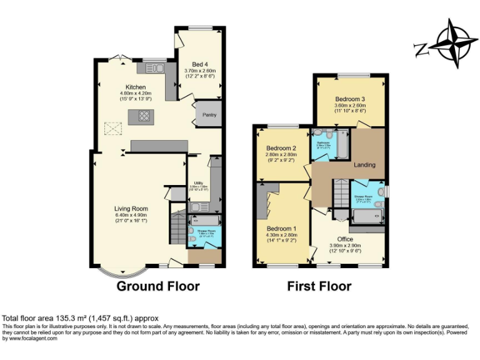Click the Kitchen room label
(x=136, y=87)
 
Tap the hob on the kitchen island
(x=144, y=115)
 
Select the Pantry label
(x=209, y=114)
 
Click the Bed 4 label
(x=199, y=64)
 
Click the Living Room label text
(x=131, y=209)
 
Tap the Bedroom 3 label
(x=349, y=99)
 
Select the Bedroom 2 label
(x=280, y=148)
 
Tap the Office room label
(x=345, y=239)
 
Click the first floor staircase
(x=341, y=190)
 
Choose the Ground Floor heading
(x=158, y=286)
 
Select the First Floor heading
(x=319, y=286)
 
